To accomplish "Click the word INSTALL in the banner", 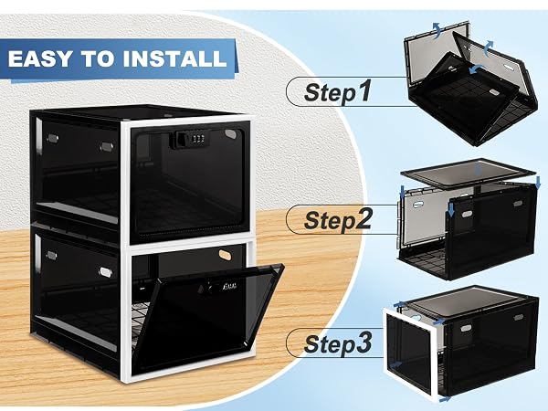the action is (x=174, y=58).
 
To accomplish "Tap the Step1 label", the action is (x=337, y=91).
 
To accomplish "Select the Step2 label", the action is (x=338, y=219).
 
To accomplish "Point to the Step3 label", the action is (x=338, y=343).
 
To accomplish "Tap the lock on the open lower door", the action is (x=219, y=288).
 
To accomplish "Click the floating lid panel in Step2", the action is (x=469, y=174).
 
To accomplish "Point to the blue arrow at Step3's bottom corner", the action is (x=445, y=399).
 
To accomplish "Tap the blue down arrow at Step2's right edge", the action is (x=538, y=182).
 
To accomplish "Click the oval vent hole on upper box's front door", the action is (x=230, y=133).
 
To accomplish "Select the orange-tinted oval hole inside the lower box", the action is (x=225, y=255).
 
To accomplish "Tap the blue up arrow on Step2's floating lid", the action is (x=479, y=169).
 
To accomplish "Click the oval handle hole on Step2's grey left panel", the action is (x=418, y=204).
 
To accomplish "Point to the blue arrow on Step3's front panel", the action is (x=395, y=364).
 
